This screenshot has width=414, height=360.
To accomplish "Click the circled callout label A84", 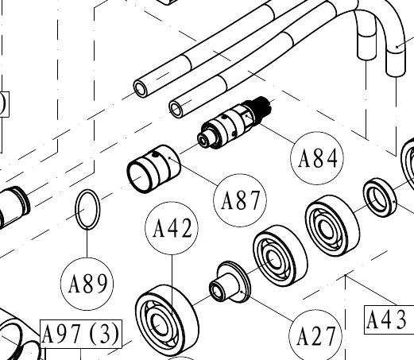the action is point(317,158).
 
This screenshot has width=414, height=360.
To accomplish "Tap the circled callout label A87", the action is point(240,200).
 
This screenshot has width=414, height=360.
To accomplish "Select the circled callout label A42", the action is point(172,228).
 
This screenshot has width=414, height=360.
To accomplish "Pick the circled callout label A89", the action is point(87,284).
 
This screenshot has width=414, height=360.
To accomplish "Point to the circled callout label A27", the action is point(315,336).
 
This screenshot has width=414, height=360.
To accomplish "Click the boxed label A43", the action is point(389,319).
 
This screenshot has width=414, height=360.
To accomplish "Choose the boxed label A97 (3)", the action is point(81,334).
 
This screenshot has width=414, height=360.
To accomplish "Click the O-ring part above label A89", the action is point(87,209).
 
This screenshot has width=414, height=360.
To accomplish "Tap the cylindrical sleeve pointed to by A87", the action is point(153,169).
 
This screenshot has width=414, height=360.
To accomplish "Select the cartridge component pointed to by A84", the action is point(234,122).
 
